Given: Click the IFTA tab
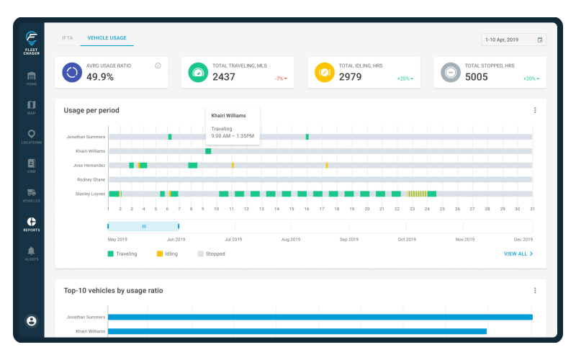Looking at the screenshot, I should pos(68,37).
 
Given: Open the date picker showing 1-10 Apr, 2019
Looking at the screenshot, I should pos(513,40).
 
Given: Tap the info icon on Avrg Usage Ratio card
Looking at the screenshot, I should pos(158,66).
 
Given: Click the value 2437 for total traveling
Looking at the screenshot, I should pos(223,77).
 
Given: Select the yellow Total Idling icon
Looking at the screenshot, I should pos(324,73).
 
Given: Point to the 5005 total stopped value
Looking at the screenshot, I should pos(477,77).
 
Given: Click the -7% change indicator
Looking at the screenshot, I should pos(280,78).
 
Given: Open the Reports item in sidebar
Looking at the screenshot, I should pos(31,224).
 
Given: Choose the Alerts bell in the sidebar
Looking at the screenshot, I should pos(31,253).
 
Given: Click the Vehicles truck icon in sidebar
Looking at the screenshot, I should pos(31,194).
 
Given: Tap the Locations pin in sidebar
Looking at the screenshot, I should pos(31,136).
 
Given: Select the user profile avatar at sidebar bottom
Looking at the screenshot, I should pos(31,321).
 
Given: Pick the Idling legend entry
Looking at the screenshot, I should pos(166,254).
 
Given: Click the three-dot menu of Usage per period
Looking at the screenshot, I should pos(535,110).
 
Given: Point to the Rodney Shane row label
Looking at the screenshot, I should pos(91,179).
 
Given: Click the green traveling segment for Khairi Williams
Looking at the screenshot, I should pos(208,151).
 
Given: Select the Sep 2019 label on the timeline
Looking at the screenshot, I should pos(348,239).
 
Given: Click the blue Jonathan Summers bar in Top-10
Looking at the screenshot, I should pos(320,317).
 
